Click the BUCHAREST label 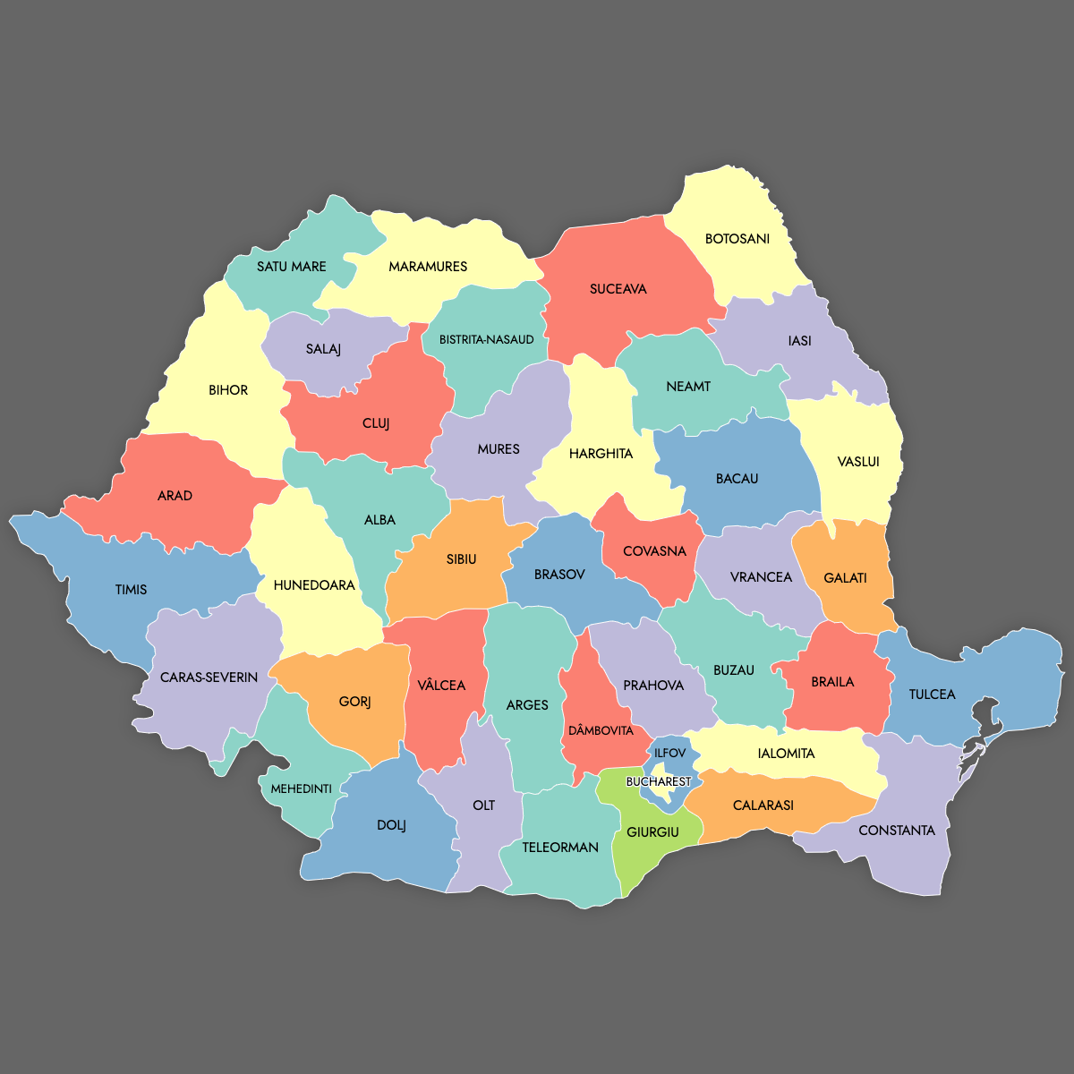[x=658, y=781]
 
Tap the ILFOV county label [x=669, y=754]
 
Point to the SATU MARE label [x=291, y=267]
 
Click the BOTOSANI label [x=737, y=239]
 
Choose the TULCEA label [x=932, y=695]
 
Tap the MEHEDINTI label [x=302, y=788]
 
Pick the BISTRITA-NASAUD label [x=486, y=340]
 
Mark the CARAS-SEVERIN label [x=209, y=678]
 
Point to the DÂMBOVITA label [x=601, y=731]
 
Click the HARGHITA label [x=601, y=454]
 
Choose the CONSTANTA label [x=896, y=831]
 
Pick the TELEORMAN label [x=560, y=848]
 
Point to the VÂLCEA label [x=441, y=686]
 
